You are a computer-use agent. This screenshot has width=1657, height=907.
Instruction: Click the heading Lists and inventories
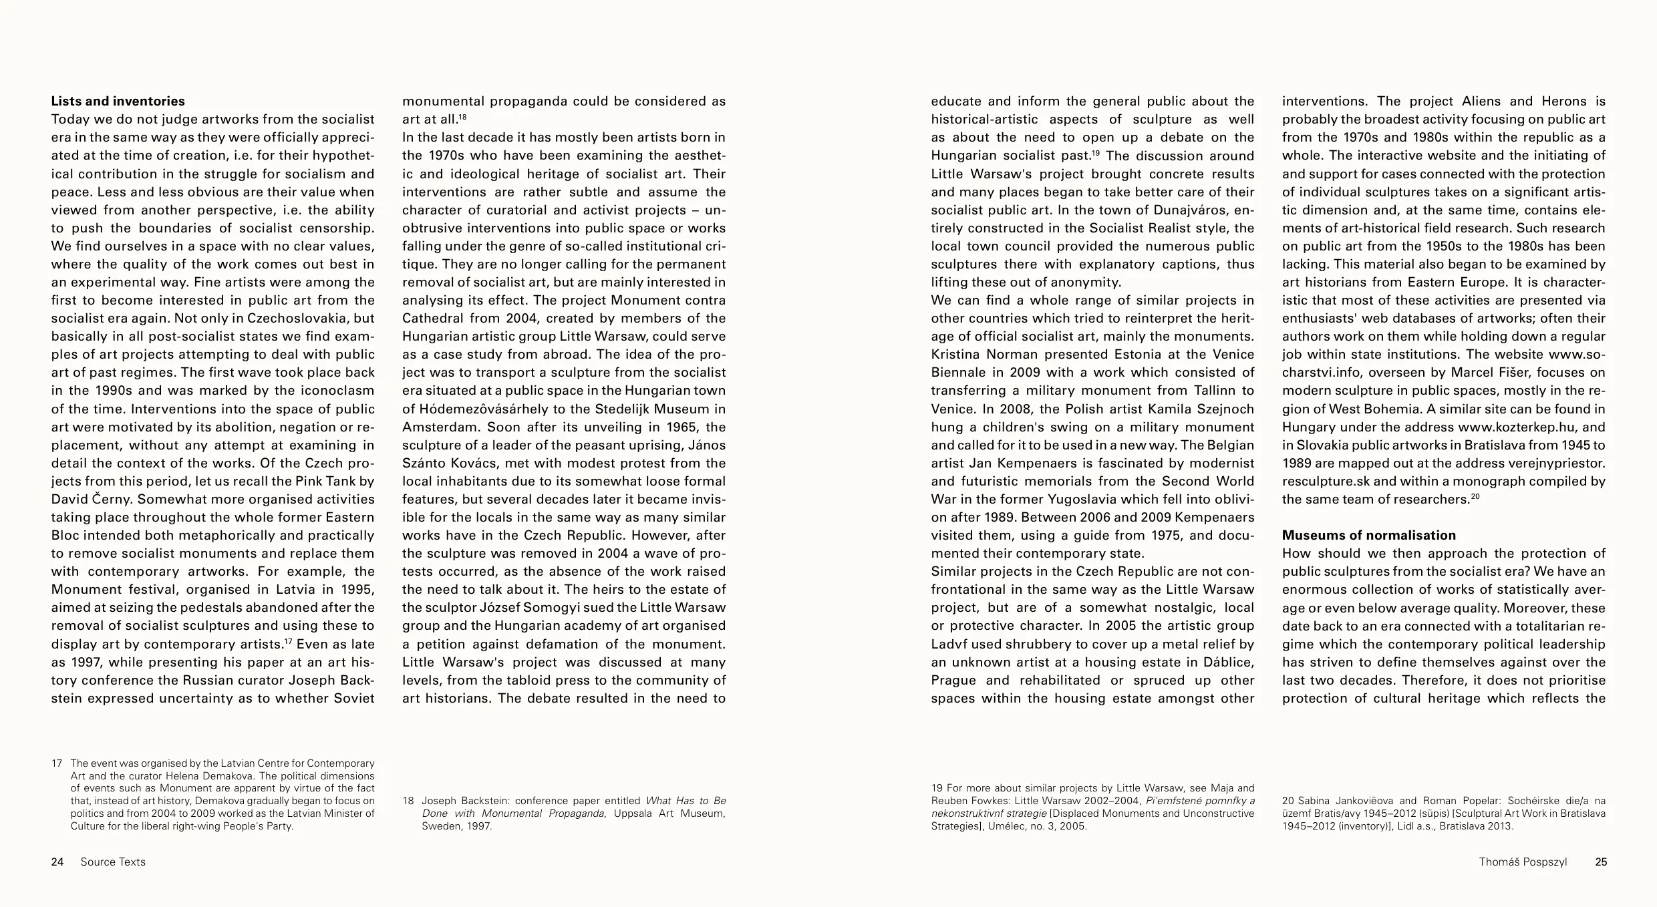(x=118, y=102)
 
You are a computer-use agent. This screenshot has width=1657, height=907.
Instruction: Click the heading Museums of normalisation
(x=1368, y=536)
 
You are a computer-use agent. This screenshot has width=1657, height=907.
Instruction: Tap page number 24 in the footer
(x=57, y=862)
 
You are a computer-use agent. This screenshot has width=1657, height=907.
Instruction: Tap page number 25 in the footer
(x=1601, y=862)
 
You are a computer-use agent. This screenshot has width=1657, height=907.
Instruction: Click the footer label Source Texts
(x=113, y=862)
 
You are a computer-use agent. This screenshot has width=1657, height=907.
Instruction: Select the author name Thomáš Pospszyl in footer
(x=1523, y=862)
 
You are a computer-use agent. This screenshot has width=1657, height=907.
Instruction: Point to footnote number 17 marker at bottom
(x=57, y=763)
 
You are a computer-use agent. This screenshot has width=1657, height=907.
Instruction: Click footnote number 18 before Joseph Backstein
(x=408, y=801)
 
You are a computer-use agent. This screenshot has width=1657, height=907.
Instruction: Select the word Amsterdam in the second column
(x=440, y=427)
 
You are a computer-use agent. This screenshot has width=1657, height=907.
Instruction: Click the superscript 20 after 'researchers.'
(x=1476, y=496)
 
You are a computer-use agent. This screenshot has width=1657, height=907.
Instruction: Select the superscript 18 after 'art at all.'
(x=462, y=117)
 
